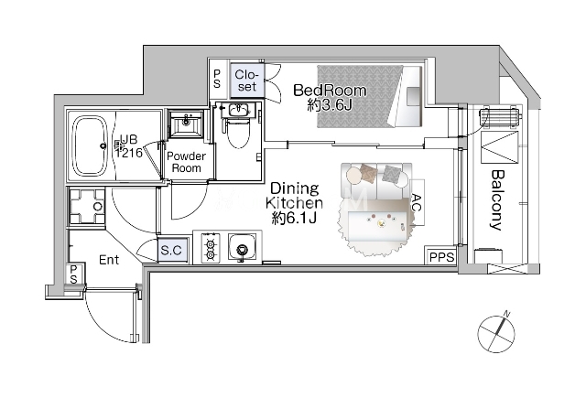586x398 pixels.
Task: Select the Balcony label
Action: pyautogui.click(x=497, y=200)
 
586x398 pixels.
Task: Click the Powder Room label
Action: pyautogui.click(x=186, y=162)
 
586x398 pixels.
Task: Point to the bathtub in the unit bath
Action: pyautogui.click(x=90, y=146)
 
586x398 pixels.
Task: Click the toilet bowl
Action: pyautogui.click(x=238, y=134)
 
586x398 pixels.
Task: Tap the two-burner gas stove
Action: pyautogui.click(x=211, y=247)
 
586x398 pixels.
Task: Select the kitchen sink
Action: pyautogui.click(x=243, y=247)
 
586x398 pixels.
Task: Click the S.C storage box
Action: pyautogui.click(x=172, y=250)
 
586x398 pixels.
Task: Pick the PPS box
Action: pyautogui.click(x=441, y=256)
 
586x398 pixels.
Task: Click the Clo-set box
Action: pyautogui.click(x=247, y=81)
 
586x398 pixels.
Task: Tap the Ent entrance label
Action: pyautogui.click(x=109, y=260)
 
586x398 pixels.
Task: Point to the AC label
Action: pyautogui.click(x=417, y=202)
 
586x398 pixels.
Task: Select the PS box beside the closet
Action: pyautogui.click(x=217, y=80)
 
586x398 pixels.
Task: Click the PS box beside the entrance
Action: pyautogui.click(x=73, y=274)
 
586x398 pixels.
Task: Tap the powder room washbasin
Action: pyautogui.click(x=187, y=124)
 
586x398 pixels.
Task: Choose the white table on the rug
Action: pyautogui.click(x=378, y=226)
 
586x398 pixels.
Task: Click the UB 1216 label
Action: pyautogui.click(x=128, y=146)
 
